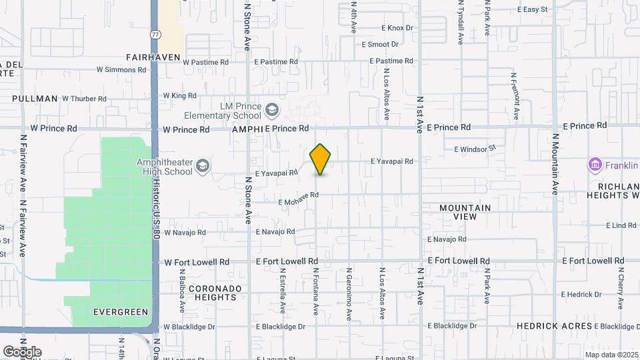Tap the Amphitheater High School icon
203,165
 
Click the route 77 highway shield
155,33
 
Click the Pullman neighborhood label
35,99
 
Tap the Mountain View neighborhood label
465,212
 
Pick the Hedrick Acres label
555,326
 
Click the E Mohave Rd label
299,198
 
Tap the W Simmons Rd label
121,69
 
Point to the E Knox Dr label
397,28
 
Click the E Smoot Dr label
379,45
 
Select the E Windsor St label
475,149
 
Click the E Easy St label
532,9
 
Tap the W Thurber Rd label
84,99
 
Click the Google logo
22,351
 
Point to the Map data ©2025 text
611,355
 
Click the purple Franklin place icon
594,164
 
